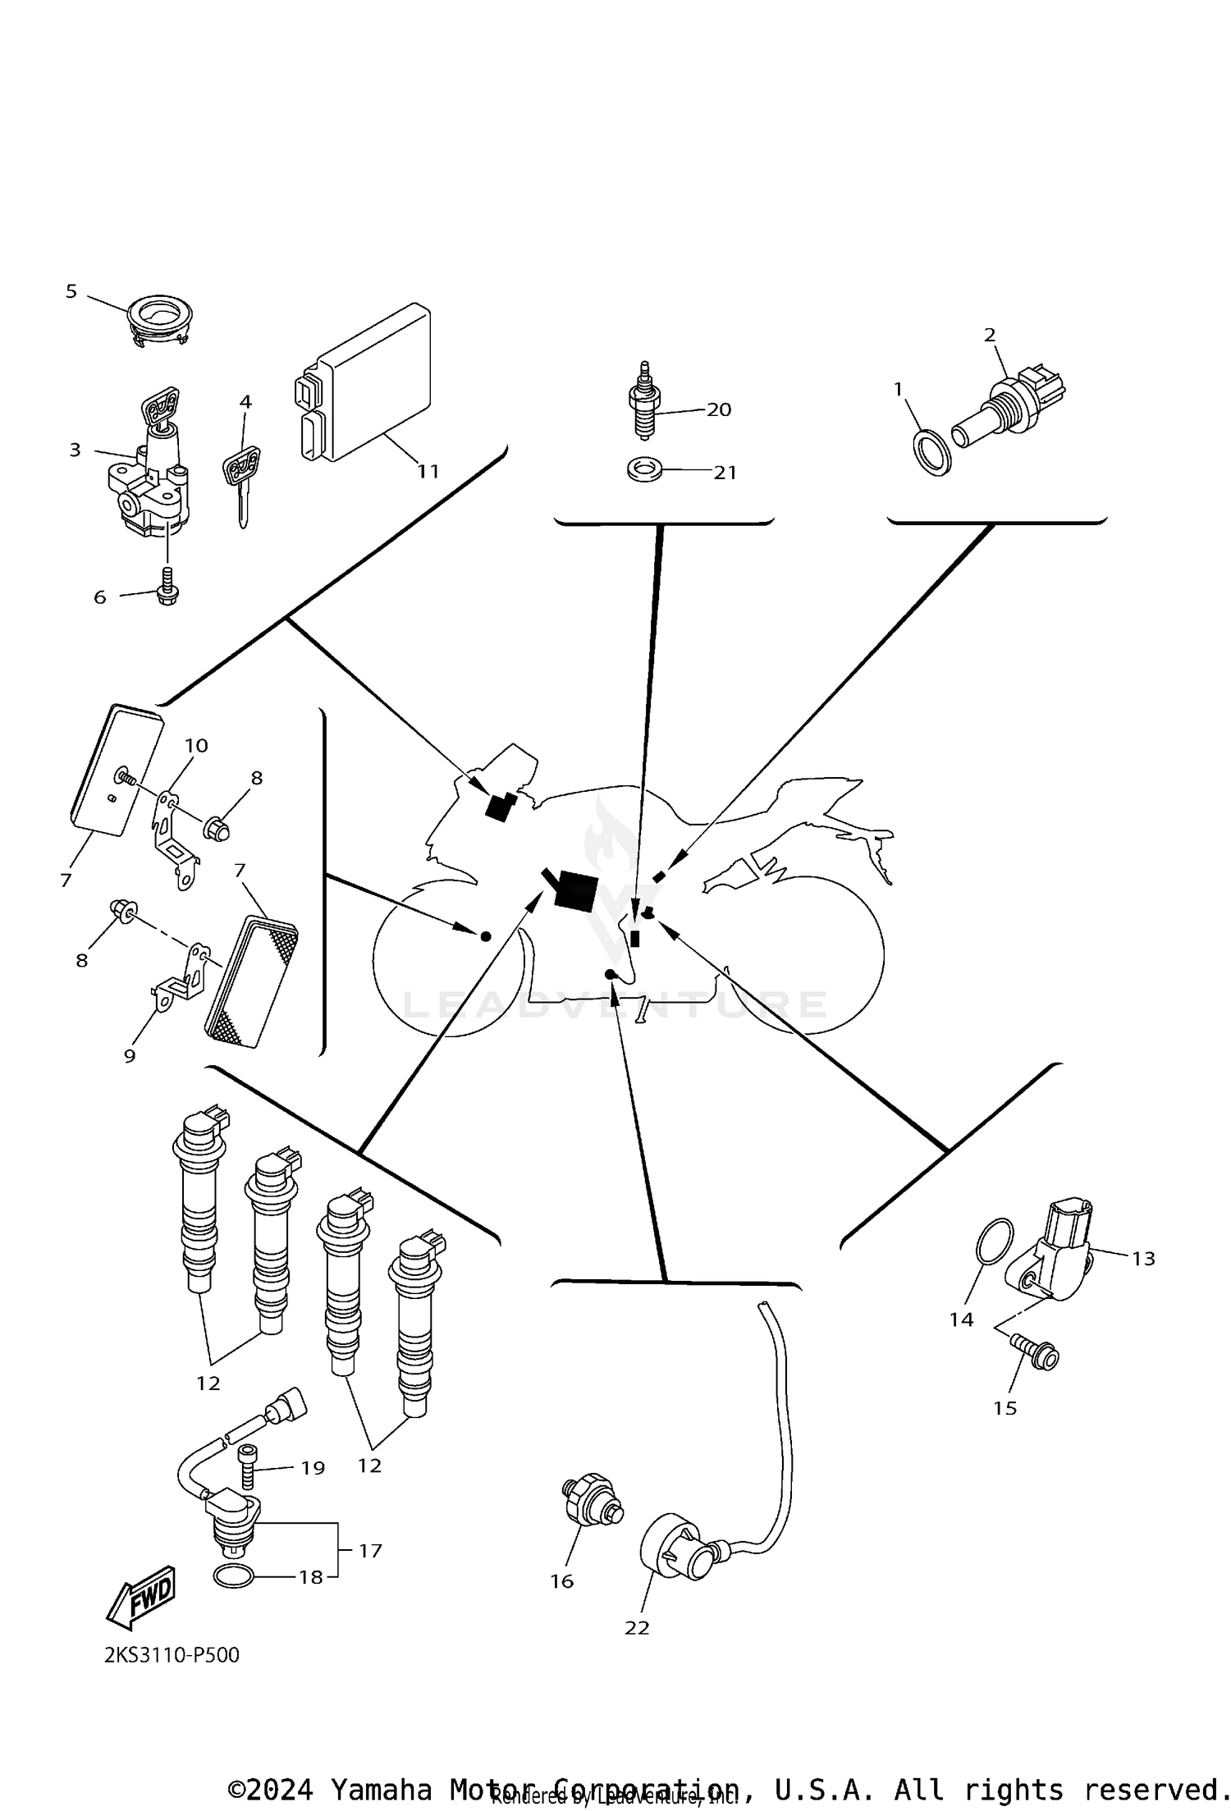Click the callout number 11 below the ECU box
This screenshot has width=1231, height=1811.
pos(428,472)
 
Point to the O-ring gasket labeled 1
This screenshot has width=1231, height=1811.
pos(933,451)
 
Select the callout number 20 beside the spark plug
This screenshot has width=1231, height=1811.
pos(718,409)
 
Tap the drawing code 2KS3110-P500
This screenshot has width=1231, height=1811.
pos(172,1655)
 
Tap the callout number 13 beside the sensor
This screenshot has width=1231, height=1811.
pos(1142,1258)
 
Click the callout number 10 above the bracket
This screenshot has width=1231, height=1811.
pos(196,746)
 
